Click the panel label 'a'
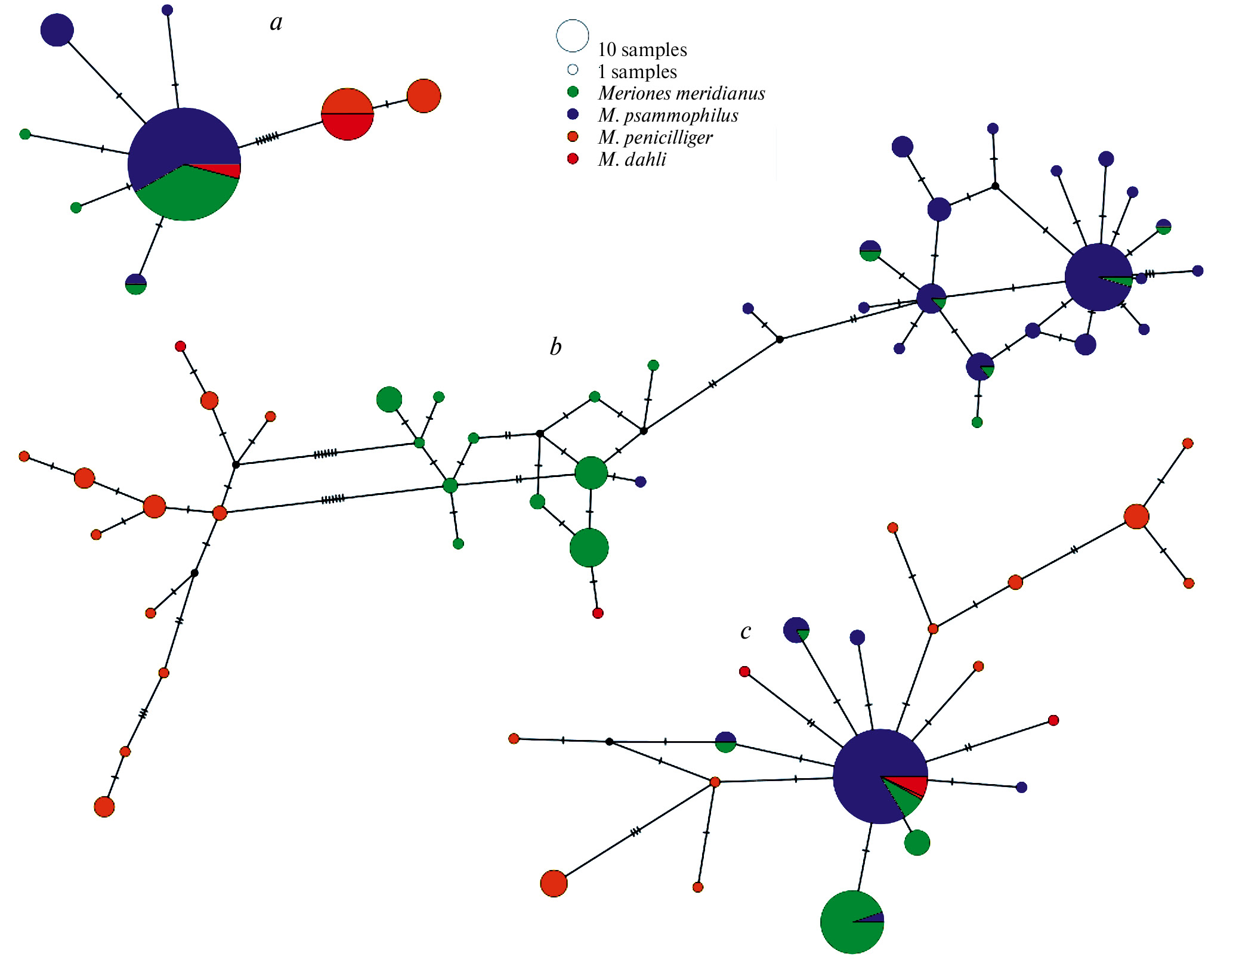(x=276, y=23)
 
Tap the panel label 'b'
(x=555, y=346)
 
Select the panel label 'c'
(x=746, y=631)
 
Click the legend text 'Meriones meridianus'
(x=681, y=93)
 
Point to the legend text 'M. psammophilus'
(x=668, y=115)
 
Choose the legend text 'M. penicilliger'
(x=655, y=137)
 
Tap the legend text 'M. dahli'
(x=632, y=159)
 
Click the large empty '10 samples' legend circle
(x=573, y=36)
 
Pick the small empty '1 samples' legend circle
(x=573, y=70)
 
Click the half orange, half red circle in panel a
(x=347, y=114)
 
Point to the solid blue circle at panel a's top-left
(x=57, y=30)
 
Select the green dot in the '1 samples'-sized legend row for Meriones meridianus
(x=573, y=92)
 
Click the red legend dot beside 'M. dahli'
(x=573, y=159)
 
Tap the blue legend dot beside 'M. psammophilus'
(x=573, y=114)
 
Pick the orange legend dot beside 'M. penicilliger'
(x=573, y=137)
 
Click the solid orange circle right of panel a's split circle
(x=424, y=95)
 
